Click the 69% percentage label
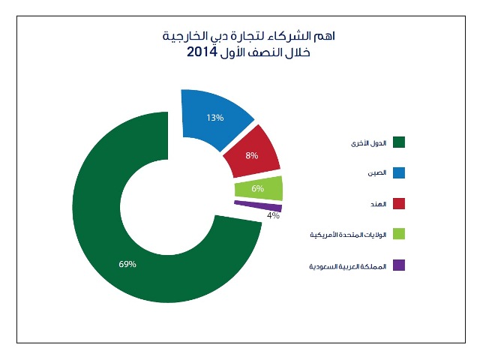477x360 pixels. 127,264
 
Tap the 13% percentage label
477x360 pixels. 215,118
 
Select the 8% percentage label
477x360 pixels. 251,156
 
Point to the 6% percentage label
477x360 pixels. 257,188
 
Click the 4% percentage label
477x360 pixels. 273,216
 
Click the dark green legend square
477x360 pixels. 399,142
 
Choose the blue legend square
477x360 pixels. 399,173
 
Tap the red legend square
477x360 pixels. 399,204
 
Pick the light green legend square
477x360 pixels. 399,235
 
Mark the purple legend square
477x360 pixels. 399,265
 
